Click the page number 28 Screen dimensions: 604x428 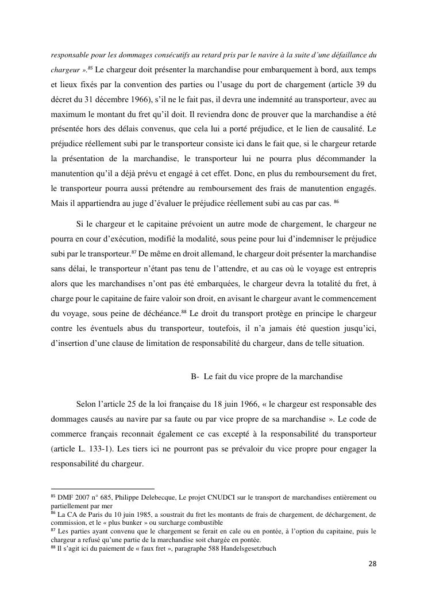[372, 564]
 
